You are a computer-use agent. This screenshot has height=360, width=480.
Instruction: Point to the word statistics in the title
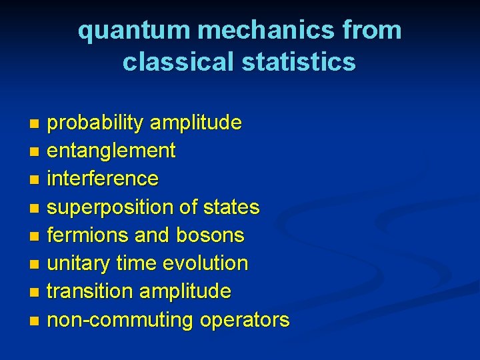[x=299, y=61]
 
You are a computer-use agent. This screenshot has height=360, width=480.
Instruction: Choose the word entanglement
[x=111, y=151]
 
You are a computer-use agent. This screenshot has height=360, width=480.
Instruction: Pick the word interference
[x=103, y=179]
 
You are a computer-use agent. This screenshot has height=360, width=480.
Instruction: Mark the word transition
[x=89, y=291]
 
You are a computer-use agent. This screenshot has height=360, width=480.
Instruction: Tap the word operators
[x=241, y=320]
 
